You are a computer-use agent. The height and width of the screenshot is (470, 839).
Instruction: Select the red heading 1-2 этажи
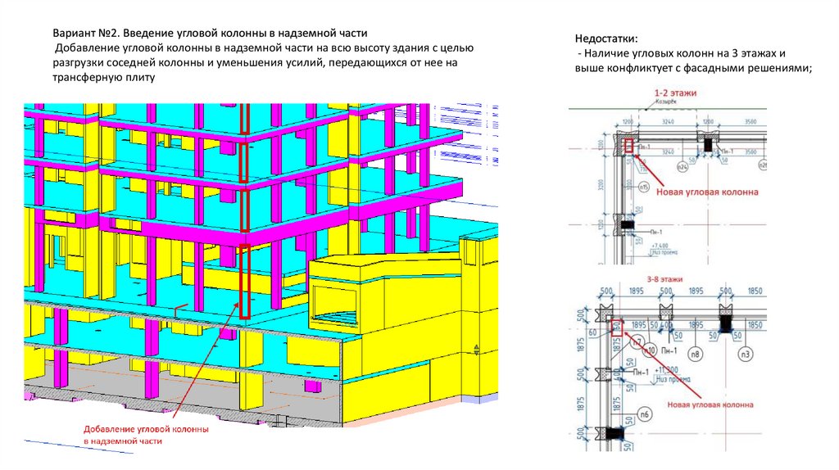pyautogui.click(x=675, y=93)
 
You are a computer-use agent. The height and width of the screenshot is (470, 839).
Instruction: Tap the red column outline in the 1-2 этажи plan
pyautogui.click(x=628, y=146)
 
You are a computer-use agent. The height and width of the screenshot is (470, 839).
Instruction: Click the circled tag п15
pyautogui.click(x=644, y=188)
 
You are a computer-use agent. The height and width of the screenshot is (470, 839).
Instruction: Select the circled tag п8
pyautogui.click(x=695, y=354)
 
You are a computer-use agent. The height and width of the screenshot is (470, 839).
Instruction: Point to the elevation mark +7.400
pyautogui.click(x=660, y=244)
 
